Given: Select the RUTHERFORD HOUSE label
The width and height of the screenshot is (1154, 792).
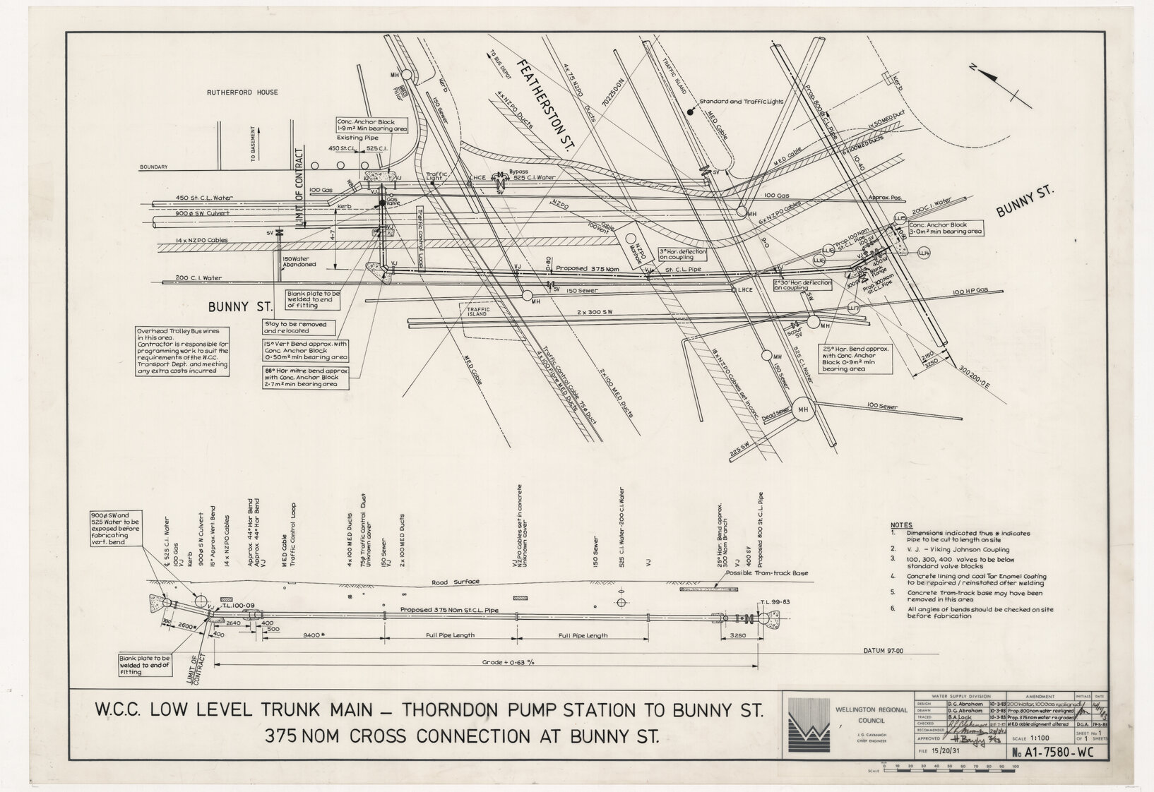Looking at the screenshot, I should click(242, 92).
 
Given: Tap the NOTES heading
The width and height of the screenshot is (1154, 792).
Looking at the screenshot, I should click(901, 525).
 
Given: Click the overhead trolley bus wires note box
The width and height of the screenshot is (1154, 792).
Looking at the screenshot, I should click(182, 351).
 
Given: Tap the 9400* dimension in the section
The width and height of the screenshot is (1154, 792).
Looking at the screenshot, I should click(314, 635).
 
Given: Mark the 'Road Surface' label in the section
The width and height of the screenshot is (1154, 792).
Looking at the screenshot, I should click(456, 582).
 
